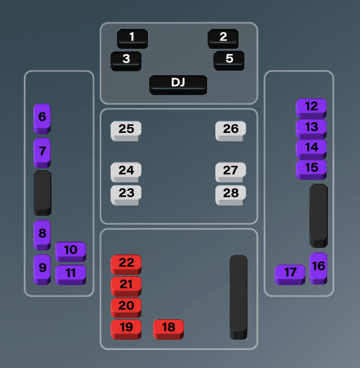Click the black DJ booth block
[x=178, y=85]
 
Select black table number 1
[x=132, y=39]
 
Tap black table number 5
[x=229, y=60]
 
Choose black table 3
[x=126, y=61]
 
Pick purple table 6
[x=42, y=119]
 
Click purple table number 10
[x=71, y=252]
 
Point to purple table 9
[x=42, y=270]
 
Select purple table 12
[x=311, y=109]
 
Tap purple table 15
[x=311, y=170]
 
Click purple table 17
[x=290, y=275]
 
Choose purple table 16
[x=318, y=268]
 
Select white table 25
[x=126, y=131]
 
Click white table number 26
[x=231, y=131]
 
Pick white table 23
[x=126, y=195]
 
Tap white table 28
[x=231, y=195]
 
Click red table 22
[x=126, y=265]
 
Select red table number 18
[x=168, y=329]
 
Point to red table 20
[x=126, y=308]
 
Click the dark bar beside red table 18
[x=239, y=297]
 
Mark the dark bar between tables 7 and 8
[x=42, y=193]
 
